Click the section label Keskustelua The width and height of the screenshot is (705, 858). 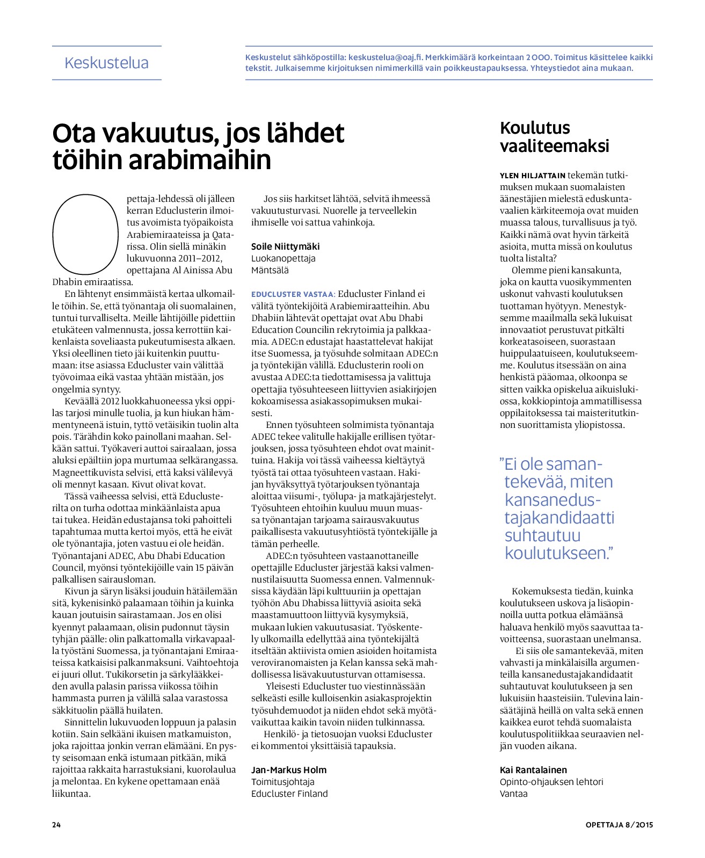(x=106, y=63)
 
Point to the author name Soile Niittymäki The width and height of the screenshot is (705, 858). (x=285, y=246)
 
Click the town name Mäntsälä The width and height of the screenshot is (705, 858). (x=270, y=270)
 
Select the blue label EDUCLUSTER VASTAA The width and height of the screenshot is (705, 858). (x=293, y=294)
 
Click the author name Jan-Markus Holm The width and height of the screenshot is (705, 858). (x=289, y=770)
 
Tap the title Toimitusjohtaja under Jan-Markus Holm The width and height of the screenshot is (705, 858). (x=283, y=782)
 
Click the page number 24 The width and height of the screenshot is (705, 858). (x=56, y=825)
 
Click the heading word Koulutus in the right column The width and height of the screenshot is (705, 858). (x=535, y=128)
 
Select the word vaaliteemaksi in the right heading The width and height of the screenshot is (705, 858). (x=554, y=146)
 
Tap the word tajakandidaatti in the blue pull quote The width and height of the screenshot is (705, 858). (x=559, y=518)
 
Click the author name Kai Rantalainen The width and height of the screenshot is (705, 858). (x=533, y=770)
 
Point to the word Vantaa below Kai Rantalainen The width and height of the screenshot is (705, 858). (x=514, y=794)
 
